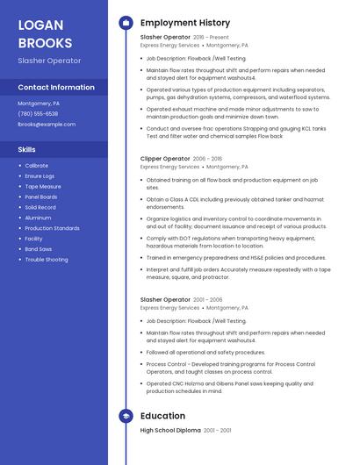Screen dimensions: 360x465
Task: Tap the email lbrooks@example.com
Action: coord(47,125)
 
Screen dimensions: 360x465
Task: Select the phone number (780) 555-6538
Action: coord(38,114)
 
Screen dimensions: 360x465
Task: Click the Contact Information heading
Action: coord(56,88)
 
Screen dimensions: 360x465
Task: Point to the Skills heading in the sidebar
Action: coord(27,150)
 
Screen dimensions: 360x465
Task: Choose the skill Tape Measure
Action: coord(43,186)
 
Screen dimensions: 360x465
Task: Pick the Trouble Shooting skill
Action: coord(47,260)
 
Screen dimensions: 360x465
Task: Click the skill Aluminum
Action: coord(38,218)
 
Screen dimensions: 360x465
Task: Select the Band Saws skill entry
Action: coord(39,249)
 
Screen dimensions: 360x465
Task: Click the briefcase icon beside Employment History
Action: coord(126,23)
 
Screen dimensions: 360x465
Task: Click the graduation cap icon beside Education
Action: coord(126,416)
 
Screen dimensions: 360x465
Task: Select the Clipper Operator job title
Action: coord(165,159)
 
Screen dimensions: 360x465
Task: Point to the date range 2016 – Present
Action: coord(211,38)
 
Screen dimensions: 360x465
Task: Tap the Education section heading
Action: coord(162,416)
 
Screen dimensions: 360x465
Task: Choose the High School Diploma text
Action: coord(170,431)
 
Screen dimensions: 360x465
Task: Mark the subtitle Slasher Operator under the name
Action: coord(49,61)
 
